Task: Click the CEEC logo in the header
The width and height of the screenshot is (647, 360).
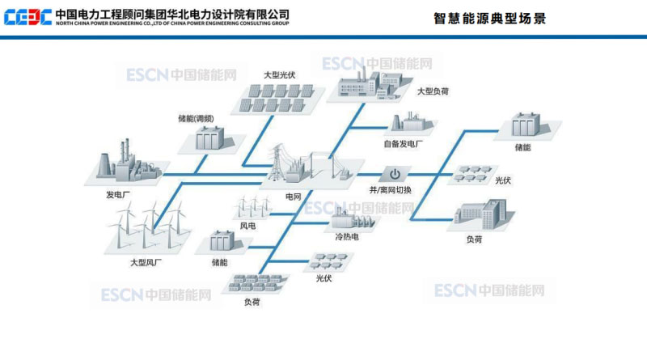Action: [x=27, y=16]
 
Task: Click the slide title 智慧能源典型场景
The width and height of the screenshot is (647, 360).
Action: [x=491, y=19]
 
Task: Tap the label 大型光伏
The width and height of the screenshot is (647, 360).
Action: [x=279, y=74]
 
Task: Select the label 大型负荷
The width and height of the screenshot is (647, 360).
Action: [x=433, y=91]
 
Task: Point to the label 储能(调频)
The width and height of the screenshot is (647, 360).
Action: [x=196, y=118]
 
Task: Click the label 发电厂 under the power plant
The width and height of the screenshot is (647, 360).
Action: [x=117, y=195]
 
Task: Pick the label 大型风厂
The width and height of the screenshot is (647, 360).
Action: [x=146, y=262]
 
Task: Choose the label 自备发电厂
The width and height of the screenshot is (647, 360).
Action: [x=404, y=144]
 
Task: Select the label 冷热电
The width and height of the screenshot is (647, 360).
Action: [x=347, y=237]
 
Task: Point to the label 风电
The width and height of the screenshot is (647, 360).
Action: [x=247, y=225]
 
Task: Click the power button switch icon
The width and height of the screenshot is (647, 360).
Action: [x=395, y=173]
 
